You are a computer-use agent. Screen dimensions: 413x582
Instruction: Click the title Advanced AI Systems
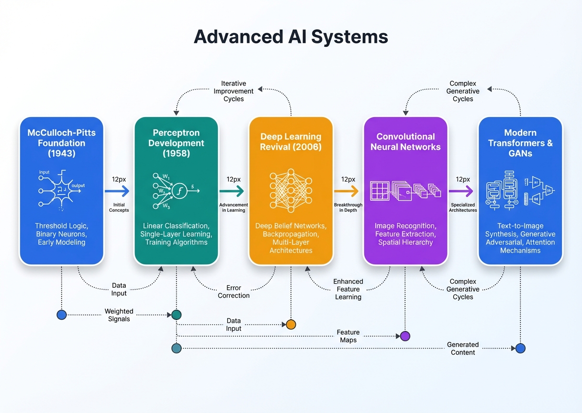[291, 37]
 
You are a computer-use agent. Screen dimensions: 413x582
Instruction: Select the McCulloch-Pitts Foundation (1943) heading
[61, 143]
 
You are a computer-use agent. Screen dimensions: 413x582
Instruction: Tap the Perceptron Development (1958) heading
[176, 143]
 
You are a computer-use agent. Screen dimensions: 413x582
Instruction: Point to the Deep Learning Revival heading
[291, 142]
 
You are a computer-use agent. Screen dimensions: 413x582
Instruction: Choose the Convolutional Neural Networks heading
[405, 142]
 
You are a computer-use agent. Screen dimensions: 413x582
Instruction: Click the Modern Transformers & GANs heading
[520, 143]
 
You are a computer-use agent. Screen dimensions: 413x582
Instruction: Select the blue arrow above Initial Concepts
[118, 191]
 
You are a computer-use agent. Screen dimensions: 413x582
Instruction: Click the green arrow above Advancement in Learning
[233, 191]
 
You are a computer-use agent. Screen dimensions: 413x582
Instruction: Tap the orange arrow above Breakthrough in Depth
[347, 191]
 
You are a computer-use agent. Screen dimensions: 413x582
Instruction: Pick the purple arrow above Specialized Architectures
[462, 191]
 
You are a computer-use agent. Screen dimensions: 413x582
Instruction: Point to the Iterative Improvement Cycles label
[234, 91]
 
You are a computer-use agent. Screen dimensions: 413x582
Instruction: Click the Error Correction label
[234, 292]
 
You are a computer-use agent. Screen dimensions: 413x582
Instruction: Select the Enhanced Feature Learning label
[348, 289]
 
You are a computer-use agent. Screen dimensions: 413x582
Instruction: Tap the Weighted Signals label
[119, 315]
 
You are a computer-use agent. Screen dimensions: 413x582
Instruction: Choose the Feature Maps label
[348, 336]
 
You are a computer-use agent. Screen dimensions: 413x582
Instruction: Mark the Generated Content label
[463, 348]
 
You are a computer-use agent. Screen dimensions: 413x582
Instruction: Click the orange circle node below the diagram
[291, 325]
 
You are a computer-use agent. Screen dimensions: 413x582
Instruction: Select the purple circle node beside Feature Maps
[405, 336]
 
